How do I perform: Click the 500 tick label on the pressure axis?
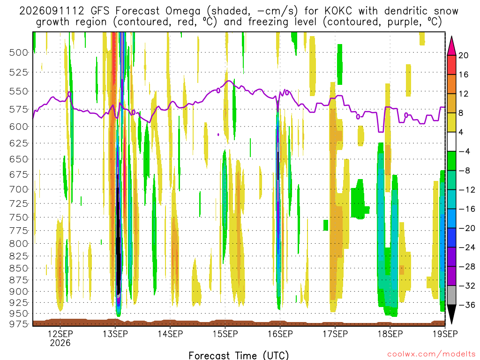tap(18, 52)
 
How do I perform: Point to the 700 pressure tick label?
tap(18, 189)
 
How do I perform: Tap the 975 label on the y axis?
tap(18, 324)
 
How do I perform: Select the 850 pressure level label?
tap(18, 268)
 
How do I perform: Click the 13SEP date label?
tap(115, 334)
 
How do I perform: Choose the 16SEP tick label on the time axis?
tap(280, 334)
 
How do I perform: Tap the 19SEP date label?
tap(445, 334)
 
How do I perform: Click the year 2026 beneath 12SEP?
tap(60, 343)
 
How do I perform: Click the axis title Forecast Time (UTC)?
tap(239, 355)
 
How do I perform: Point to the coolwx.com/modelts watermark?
tap(431, 354)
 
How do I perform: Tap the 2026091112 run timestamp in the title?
tap(52, 11)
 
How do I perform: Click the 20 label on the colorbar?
tap(463, 55)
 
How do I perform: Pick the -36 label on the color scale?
tap(466, 305)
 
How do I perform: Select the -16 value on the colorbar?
tap(466, 209)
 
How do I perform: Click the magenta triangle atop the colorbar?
tap(451, 45)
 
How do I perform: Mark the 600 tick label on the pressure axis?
tap(18, 127)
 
